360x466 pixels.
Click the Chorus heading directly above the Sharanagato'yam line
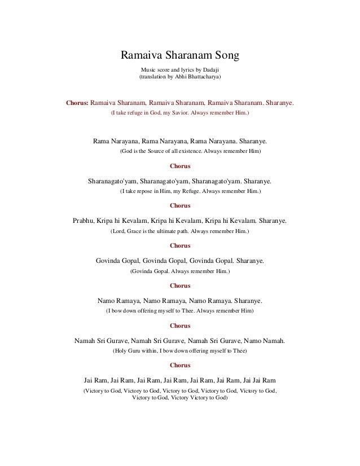pyautogui.click(x=180, y=166)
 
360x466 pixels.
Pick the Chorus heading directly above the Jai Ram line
pyautogui.click(x=180, y=365)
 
